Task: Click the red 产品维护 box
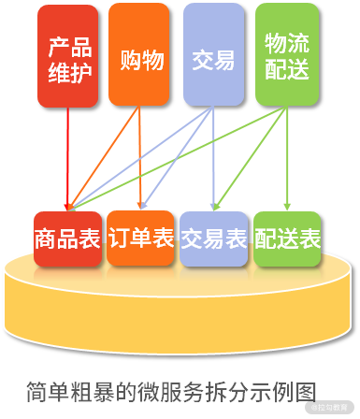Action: point(68,56)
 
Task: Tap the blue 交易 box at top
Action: point(213,56)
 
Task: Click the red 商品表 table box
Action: point(67,238)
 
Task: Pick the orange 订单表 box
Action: point(141,238)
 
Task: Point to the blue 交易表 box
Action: point(214,238)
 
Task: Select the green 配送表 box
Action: point(287,238)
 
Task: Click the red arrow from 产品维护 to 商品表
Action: point(68,159)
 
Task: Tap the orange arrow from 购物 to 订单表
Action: point(140,159)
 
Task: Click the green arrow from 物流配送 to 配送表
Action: point(287,159)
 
